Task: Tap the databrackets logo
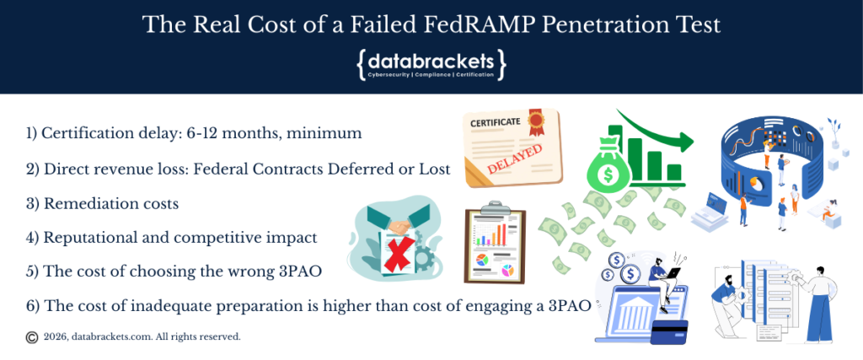point(431,63)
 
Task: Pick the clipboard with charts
point(496,245)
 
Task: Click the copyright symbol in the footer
point(32,336)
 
